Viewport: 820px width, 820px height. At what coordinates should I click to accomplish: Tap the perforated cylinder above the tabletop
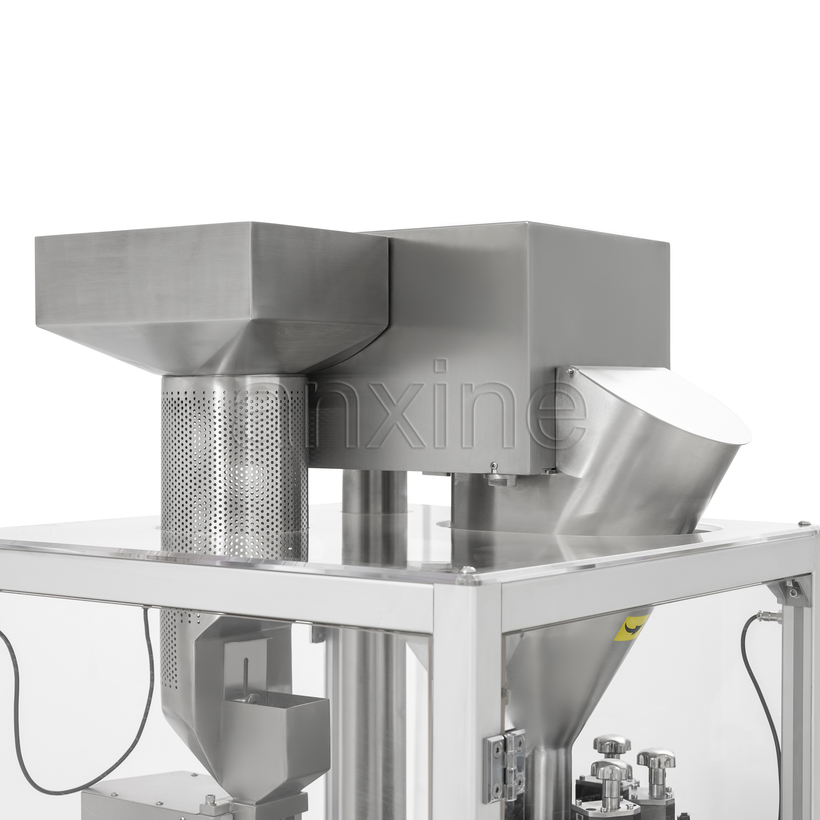click(x=234, y=467)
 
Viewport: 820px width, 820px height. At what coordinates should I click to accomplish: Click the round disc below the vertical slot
click(x=254, y=698)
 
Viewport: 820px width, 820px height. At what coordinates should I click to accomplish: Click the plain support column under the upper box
click(x=374, y=492)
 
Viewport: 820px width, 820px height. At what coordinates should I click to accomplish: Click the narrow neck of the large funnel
click(x=551, y=777)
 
